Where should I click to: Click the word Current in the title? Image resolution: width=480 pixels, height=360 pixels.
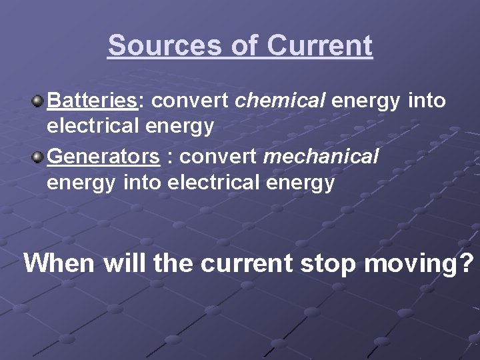[x=319, y=46]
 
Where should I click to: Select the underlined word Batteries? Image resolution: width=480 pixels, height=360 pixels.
[x=92, y=101]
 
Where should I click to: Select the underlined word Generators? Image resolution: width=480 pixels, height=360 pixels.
[x=104, y=157]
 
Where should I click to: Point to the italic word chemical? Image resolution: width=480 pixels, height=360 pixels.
[x=281, y=101]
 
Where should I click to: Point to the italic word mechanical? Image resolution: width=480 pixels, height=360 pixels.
[x=321, y=157]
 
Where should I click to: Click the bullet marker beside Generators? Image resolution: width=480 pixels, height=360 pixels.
[x=38, y=157]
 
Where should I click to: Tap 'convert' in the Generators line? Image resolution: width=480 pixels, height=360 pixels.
[x=219, y=157]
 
